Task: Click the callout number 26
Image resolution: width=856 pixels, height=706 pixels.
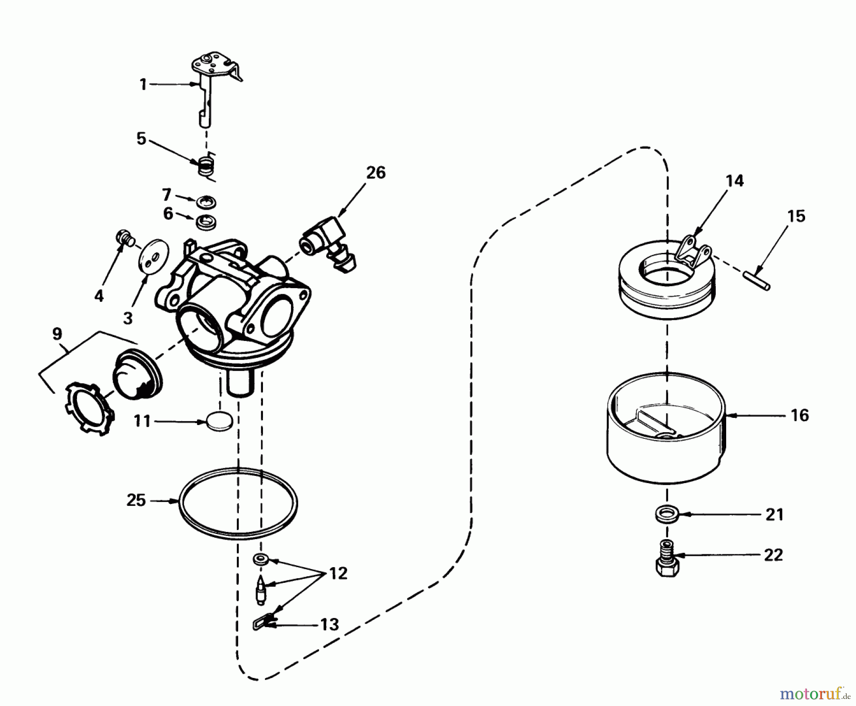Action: coord(375,173)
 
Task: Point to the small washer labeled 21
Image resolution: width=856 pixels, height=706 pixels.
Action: coord(666,514)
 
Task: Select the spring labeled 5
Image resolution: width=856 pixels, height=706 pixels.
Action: coord(206,166)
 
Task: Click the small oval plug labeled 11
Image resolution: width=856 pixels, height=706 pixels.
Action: coord(220,421)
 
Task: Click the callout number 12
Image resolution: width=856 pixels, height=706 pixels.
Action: coord(338,574)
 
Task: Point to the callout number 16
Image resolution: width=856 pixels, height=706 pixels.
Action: coord(799,416)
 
